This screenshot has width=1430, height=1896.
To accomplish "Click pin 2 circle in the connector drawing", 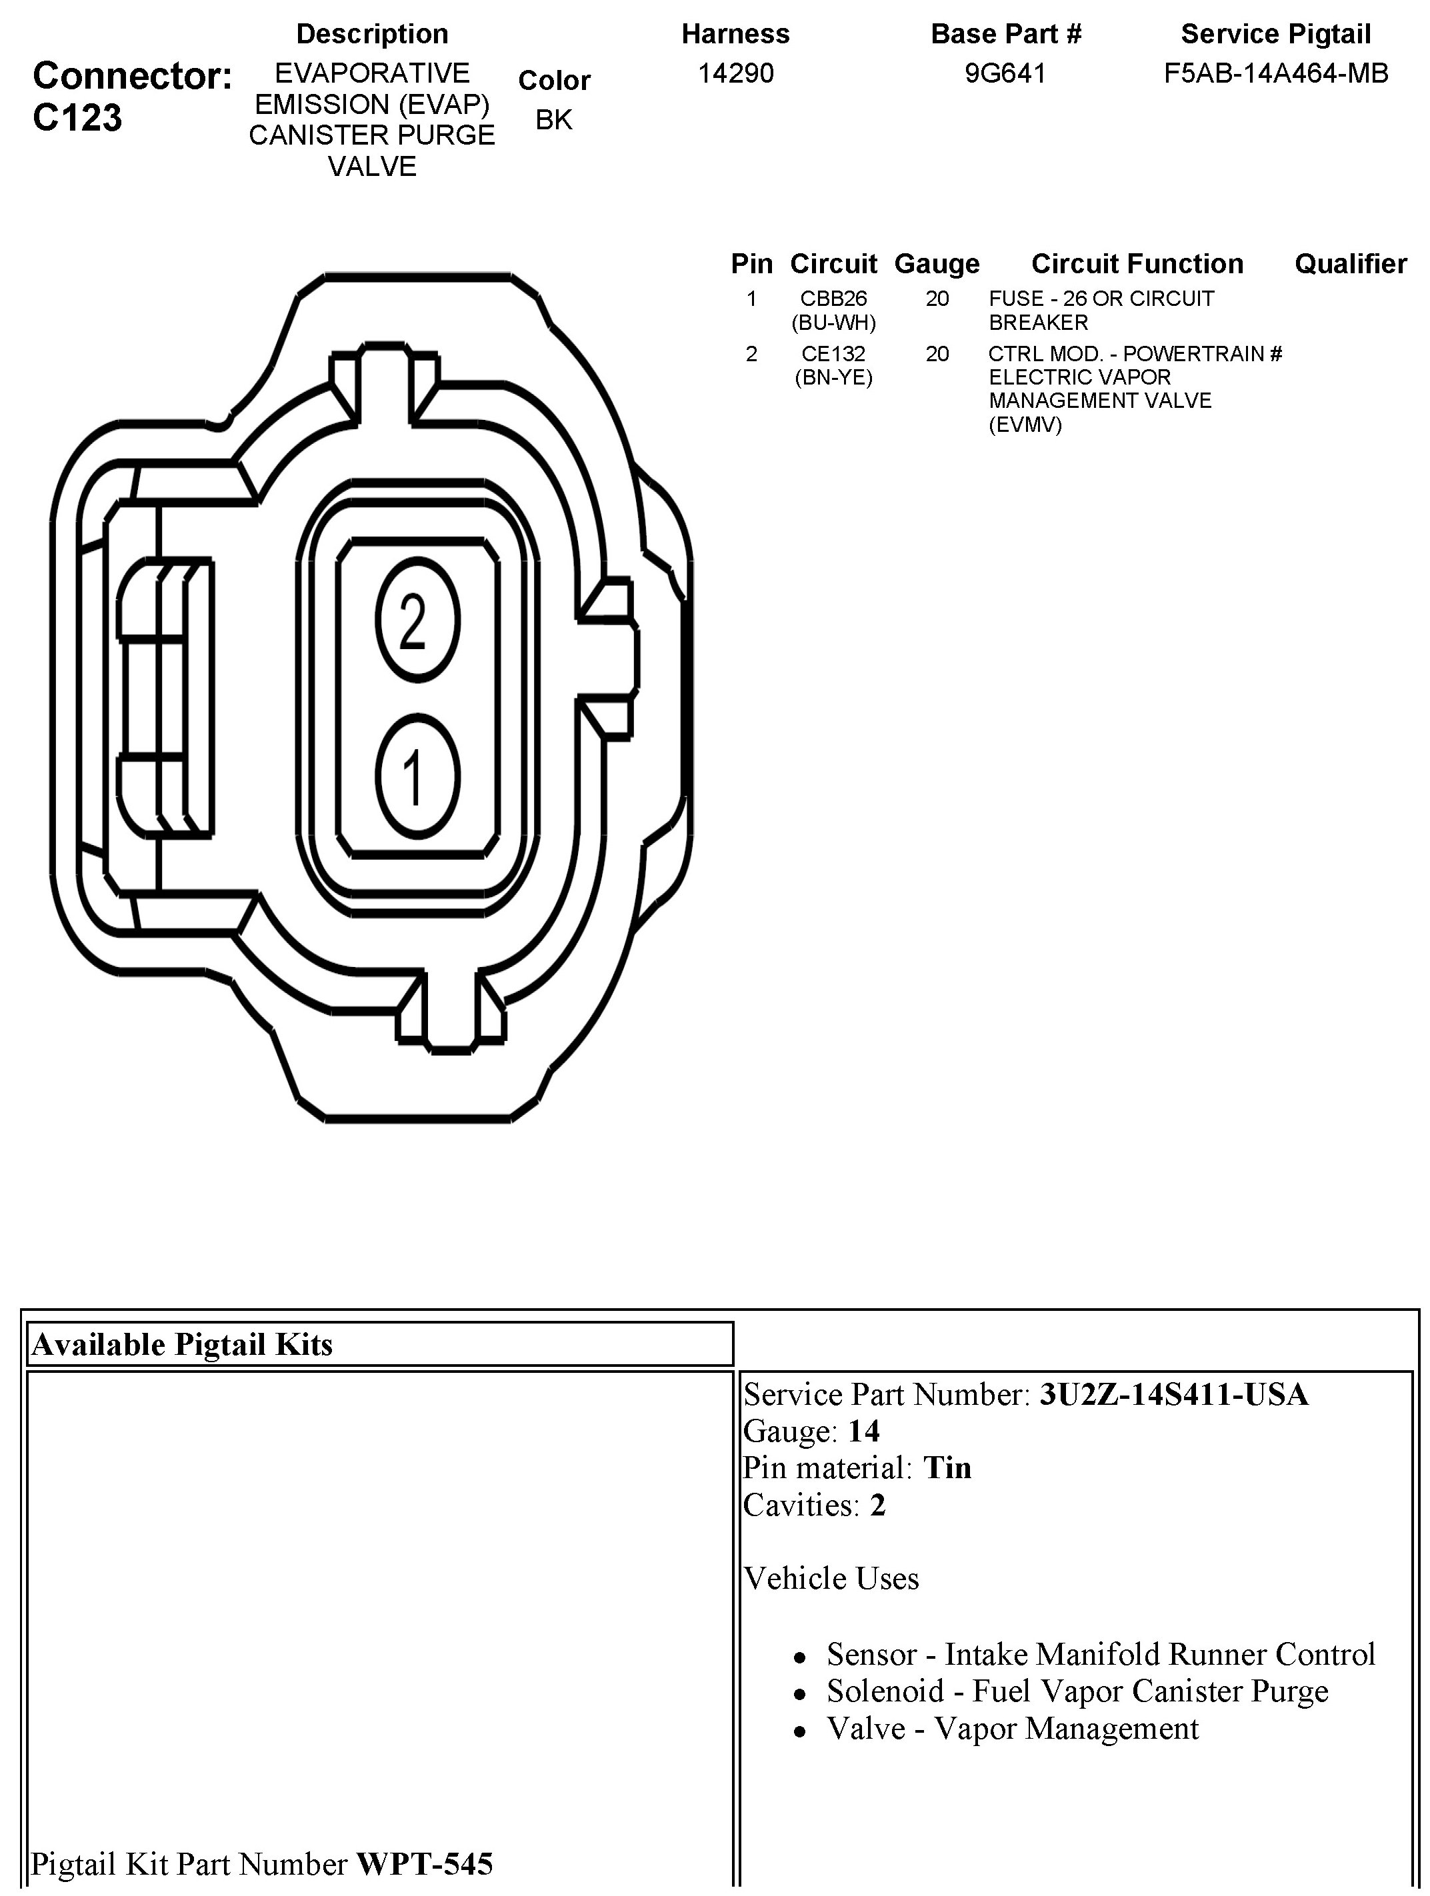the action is (417, 620).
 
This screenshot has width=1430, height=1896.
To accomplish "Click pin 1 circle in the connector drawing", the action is (417, 776).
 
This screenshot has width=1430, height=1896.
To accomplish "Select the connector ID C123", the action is (77, 117).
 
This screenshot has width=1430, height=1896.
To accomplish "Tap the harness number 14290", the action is (735, 74).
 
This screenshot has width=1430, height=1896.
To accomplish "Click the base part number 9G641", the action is (1005, 74).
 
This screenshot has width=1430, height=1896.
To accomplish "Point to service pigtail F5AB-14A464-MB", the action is (1276, 74).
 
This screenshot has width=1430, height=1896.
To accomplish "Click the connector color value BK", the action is (554, 120).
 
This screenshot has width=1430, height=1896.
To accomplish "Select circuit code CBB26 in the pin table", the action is (833, 299).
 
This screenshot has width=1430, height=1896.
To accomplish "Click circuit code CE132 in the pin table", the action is (833, 353).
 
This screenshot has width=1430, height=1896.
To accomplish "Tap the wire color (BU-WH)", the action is (833, 323).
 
